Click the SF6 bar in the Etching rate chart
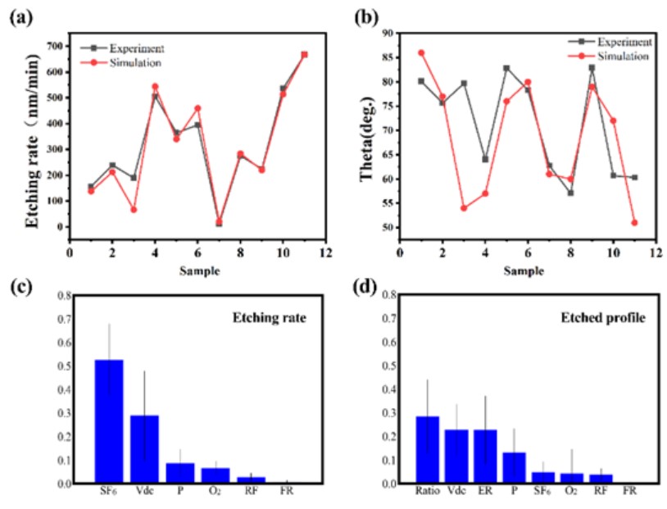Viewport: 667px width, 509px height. point(109,421)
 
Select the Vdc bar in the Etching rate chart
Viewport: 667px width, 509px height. point(144,449)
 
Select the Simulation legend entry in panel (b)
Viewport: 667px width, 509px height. point(622,56)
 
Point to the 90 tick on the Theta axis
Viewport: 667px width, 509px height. point(385,34)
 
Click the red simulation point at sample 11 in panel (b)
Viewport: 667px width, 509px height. point(634,222)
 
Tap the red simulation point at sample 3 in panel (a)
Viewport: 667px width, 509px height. point(134,210)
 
